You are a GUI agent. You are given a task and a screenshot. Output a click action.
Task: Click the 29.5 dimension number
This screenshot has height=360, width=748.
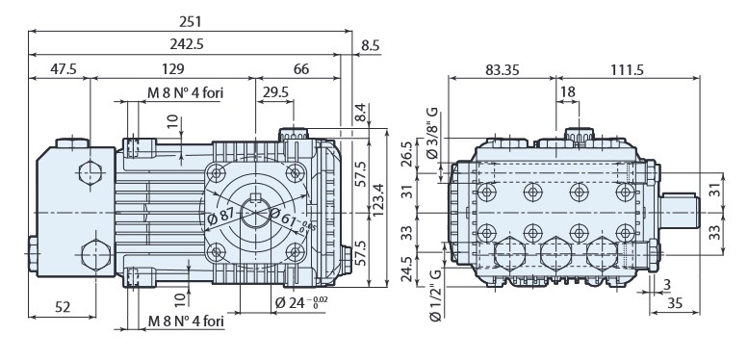pos(273,92)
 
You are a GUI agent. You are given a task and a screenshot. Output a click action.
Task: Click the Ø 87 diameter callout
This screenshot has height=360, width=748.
pos(221,214)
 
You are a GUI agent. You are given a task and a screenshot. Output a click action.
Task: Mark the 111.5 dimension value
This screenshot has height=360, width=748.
pos(628,70)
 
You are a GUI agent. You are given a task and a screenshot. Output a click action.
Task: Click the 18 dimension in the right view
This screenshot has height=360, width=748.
pos(567,92)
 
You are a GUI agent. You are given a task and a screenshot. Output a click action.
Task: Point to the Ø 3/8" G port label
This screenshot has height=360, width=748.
pos(433,132)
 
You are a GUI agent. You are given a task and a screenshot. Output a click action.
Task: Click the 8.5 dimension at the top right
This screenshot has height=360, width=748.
pos(371,45)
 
